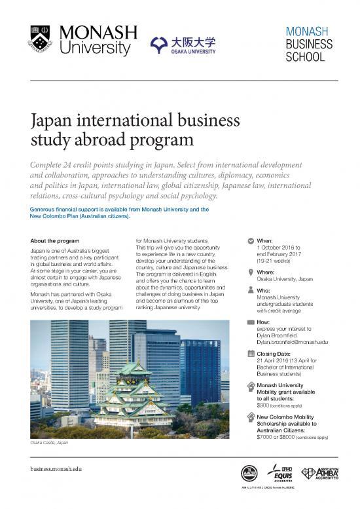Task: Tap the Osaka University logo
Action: pyautogui.click(x=183, y=45)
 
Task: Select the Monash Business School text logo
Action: pyautogui.click(x=308, y=44)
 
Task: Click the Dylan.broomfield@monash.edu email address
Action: pyautogui.click(x=292, y=341)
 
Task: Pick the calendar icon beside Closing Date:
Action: pyautogui.click(x=252, y=353)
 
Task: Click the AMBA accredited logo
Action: pyautogui.click(x=320, y=473)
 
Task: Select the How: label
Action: pyautogui.click(x=264, y=322)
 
